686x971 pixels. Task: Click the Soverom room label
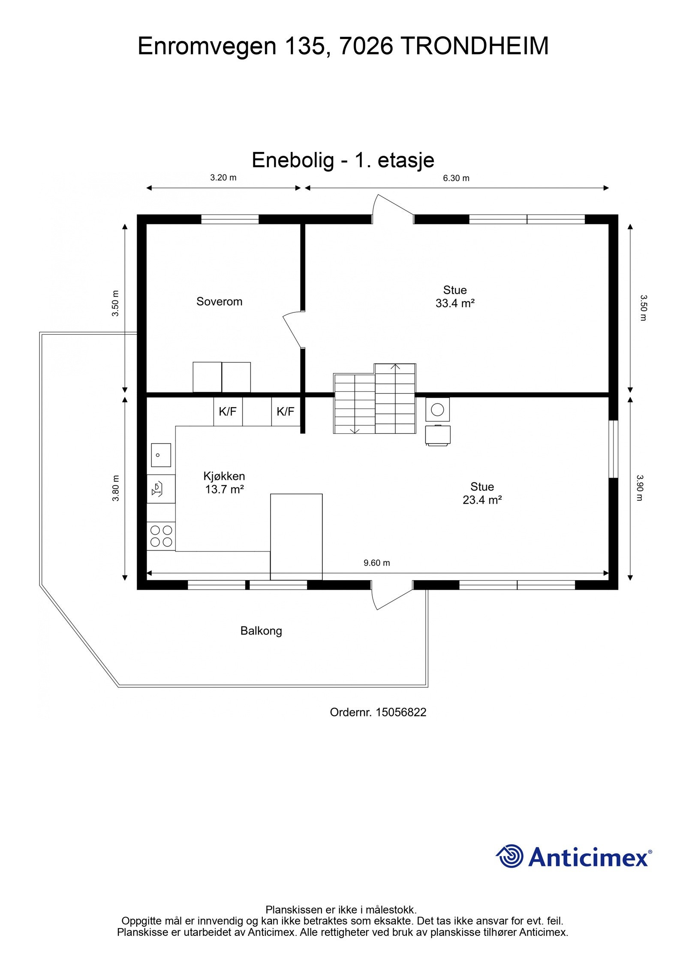(x=219, y=302)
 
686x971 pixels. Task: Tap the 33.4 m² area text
(x=454, y=303)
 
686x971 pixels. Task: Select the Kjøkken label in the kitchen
(x=224, y=476)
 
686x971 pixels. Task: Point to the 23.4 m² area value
(x=482, y=500)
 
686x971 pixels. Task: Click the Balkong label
(x=261, y=631)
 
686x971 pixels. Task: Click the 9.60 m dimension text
(x=376, y=563)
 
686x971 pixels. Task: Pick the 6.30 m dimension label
(x=456, y=178)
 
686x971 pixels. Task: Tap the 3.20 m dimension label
(x=223, y=178)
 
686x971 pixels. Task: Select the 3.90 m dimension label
(x=640, y=488)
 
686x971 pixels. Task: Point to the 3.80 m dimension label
(x=115, y=488)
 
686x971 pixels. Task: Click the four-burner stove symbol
(x=161, y=536)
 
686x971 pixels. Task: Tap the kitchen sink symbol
(x=161, y=455)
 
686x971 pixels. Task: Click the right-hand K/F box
(x=285, y=412)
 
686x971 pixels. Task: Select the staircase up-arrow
(x=395, y=367)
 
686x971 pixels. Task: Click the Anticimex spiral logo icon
(x=510, y=856)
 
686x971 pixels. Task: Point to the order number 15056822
(x=400, y=713)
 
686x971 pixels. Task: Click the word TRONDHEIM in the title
(x=475, y=46)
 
